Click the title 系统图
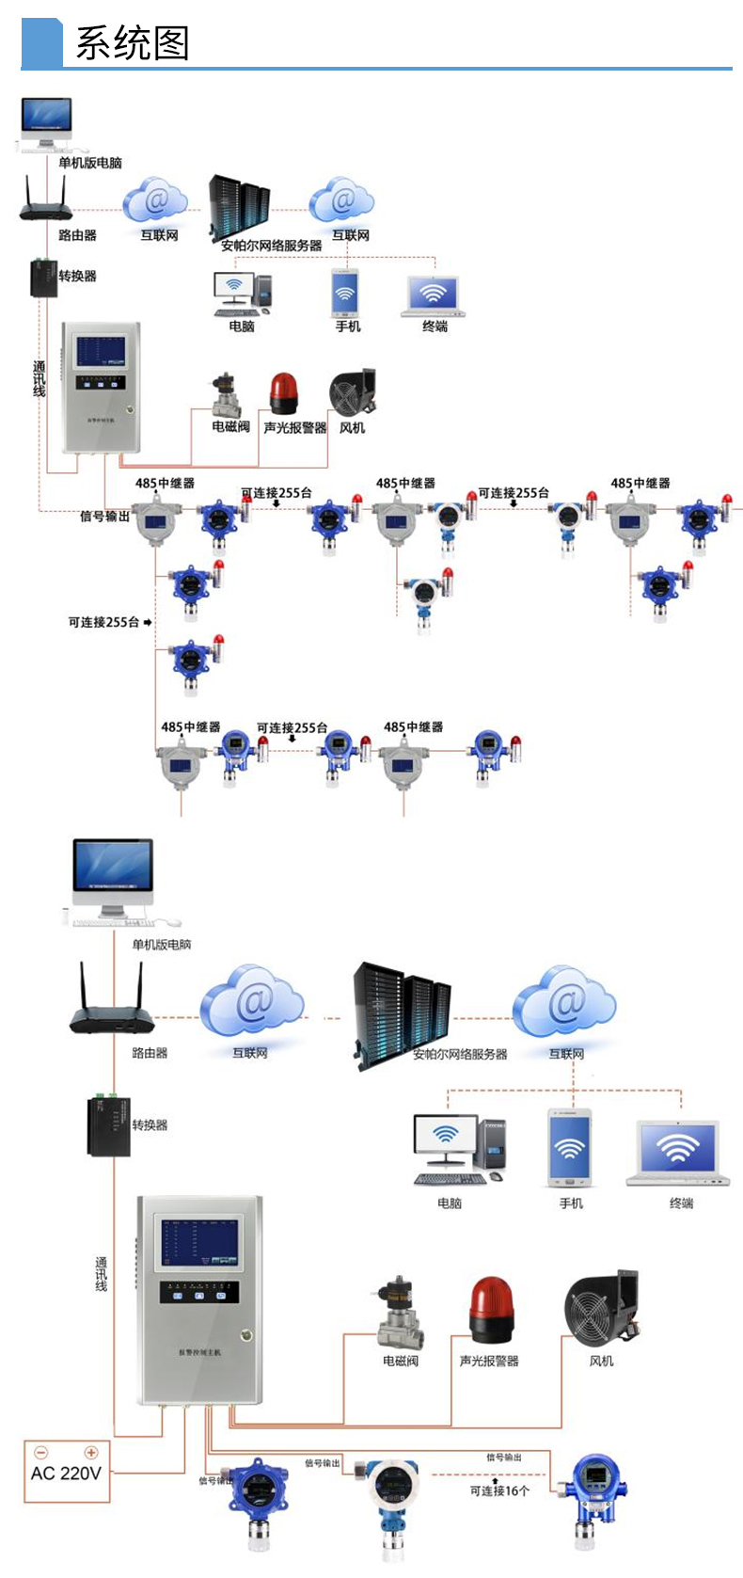133,43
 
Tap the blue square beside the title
41,43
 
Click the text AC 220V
66,1473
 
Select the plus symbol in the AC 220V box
91,1452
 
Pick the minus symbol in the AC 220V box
40,1452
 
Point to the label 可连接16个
499,1490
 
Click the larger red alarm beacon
492,1309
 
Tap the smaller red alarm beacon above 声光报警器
283,393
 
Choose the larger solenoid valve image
400,1313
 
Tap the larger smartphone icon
570,1147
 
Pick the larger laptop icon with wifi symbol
678,1153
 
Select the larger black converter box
109,1125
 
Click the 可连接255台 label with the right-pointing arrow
109,622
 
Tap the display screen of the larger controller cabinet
200,1243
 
